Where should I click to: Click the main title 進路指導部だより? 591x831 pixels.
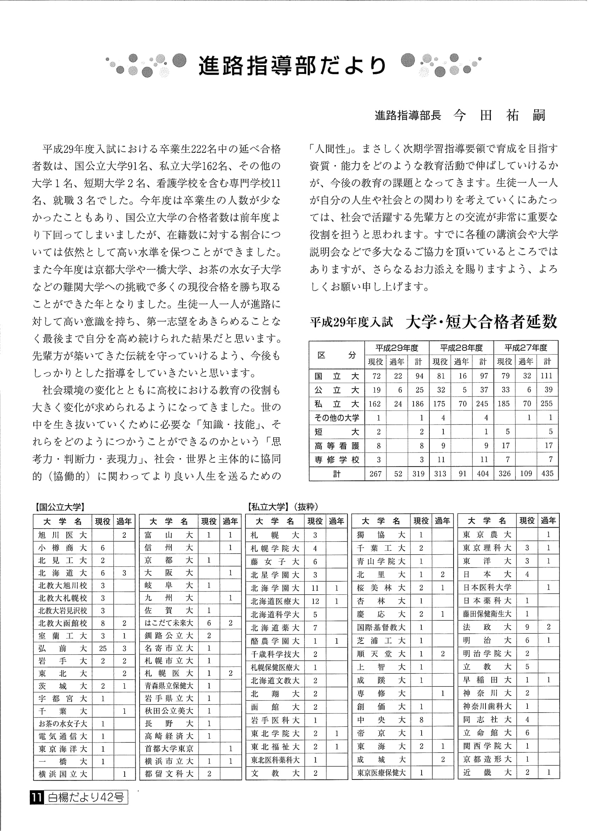click(292, 66)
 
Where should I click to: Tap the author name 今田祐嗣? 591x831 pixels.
click(499, 115)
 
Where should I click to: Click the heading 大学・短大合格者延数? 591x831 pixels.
click(481, 322)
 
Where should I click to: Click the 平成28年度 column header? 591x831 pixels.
click(461, 347)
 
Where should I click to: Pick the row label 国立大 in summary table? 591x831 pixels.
click(337, 376)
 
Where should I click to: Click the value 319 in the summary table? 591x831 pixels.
click(418, 474)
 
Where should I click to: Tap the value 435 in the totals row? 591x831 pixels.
click(547, 474)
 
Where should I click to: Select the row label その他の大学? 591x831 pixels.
click(337, 418)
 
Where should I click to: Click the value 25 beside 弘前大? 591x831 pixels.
click(103, 648)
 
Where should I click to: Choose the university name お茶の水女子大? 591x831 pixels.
click(63, 724)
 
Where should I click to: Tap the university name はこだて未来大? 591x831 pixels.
click(169, 623)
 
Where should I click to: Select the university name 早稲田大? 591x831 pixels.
click(487, 680)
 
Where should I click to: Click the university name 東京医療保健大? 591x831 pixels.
click(381, 773)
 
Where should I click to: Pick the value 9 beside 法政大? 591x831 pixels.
click(527, 627)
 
